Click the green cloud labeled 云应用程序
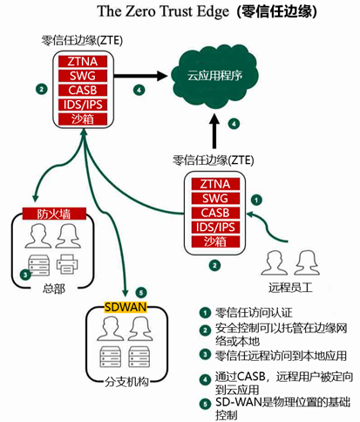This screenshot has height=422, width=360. tap(214, 76)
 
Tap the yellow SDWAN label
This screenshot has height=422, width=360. tap(126, 307)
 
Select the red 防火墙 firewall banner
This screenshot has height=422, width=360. tap(54, 214)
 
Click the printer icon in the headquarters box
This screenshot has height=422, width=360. tap(67, 264)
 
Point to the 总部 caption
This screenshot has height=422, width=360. tap(54, 289)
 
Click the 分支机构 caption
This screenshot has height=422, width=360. tap(126, 382)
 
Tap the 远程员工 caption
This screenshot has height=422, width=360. tap(290, 288)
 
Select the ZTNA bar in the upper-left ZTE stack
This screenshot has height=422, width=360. tap(83, 62)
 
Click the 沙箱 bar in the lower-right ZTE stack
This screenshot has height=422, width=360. tap(215, 242)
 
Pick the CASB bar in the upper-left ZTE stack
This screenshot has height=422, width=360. tap(83, 90)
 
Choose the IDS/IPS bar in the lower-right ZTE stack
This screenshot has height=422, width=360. tap(215, 228)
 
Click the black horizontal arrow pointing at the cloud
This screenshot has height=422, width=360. tap(140, 76)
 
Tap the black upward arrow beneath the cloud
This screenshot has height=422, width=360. tap(214, 131)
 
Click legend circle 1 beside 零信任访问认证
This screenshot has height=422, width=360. tap(205, 313)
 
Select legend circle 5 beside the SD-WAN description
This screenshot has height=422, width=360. tap(205, 405)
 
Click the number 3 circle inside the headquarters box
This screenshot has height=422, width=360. tap(25, 275)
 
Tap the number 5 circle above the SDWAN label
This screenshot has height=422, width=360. tap(141, 292)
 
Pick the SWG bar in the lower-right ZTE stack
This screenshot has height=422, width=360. tap(215, 199)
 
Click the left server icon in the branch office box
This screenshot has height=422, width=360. tap(111, 357)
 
